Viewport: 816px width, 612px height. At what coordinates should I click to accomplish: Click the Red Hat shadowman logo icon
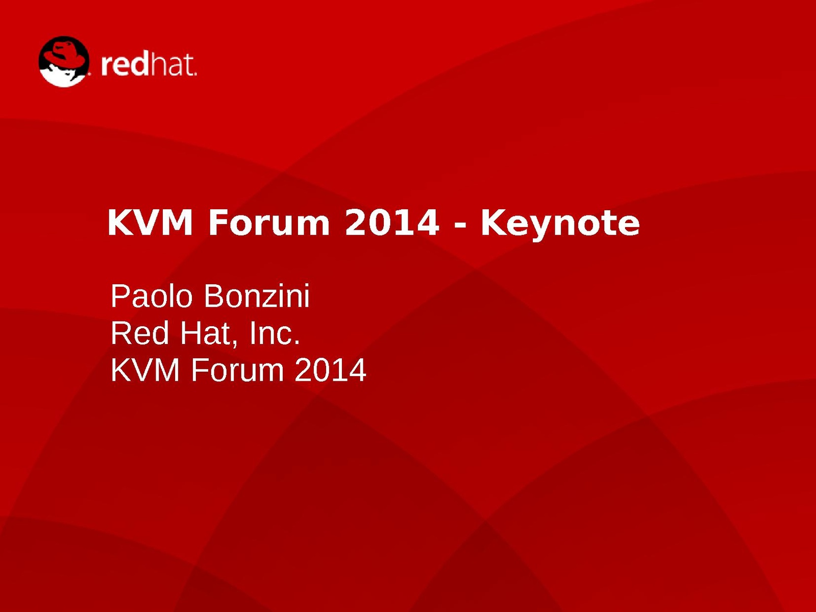pyautogui.click(x=64, y=61)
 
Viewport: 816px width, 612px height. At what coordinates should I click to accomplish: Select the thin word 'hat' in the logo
pyautogui.click(x=172, y=65)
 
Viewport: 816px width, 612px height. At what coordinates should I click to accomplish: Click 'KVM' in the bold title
pyautogui.click(x=150, y=223)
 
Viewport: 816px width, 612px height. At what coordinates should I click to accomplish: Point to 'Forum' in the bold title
pyautogui.click(x=269, y=223)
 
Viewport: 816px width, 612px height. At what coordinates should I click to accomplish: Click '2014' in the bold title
pyautogui.click(x=392, y=223)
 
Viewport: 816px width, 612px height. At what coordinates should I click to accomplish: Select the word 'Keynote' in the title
pyautogui.click(x=560, y=225)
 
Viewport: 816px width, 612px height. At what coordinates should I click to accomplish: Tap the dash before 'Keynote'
pyautogui.click(x=460, y=226)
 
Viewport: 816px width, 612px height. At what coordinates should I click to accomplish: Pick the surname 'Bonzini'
pyautogui.click(x=257, y=297)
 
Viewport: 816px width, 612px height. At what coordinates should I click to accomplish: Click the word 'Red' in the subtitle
pyautogui.click(x=140, y=333)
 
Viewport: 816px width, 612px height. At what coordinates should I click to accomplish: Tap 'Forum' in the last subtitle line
pyautogui.click(x=237, y=370)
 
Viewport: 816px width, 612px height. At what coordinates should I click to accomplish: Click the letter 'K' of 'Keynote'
pyautogui.click(x=494, y=223)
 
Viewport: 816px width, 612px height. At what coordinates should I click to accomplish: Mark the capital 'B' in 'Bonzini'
pyautogui.click(x=213, y=297)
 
